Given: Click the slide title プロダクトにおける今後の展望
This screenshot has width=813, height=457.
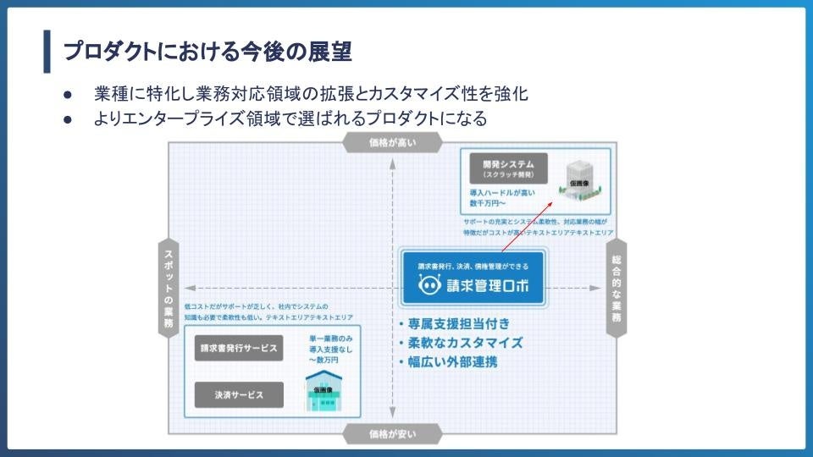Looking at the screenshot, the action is click(207, 52).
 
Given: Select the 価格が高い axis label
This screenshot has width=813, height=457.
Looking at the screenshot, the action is click(392, 143).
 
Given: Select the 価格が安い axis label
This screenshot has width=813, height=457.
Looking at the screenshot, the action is click(392, 434).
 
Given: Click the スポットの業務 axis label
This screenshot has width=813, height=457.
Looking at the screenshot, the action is click(169, 288).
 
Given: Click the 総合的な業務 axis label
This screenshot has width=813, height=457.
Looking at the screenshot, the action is click(616, 288).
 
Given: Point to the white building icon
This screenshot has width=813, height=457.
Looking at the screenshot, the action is click(580, 180).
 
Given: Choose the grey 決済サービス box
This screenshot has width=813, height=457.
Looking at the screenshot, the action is click(239, 394).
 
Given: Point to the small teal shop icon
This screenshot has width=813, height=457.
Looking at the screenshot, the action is click(324, 394).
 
